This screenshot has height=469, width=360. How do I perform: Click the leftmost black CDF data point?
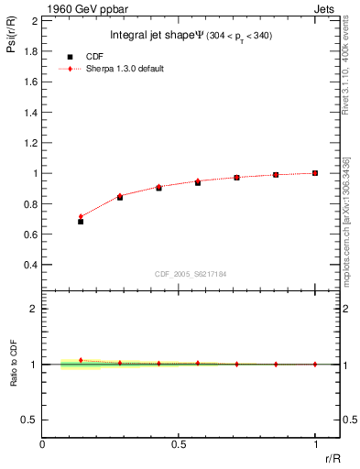pyautogui.click(x=81, y=222)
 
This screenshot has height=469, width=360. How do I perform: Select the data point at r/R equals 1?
pyautogui.click(x=315, y=173)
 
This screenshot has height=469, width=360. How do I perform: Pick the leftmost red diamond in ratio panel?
pyautogui.click(x=81, y=360)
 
